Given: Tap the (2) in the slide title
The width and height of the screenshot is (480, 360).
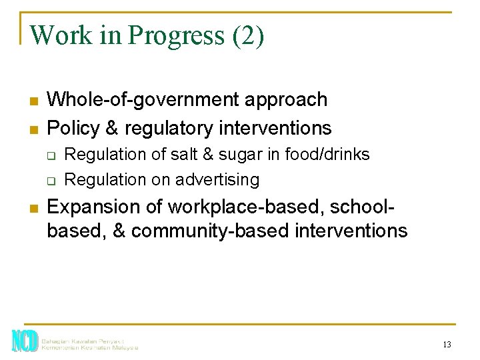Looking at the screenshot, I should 248,36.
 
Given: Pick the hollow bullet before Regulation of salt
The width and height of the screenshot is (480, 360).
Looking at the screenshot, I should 49,155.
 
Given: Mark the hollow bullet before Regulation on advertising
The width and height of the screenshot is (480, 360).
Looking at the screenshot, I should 49,181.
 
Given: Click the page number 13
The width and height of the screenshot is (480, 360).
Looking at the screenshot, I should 447,345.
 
